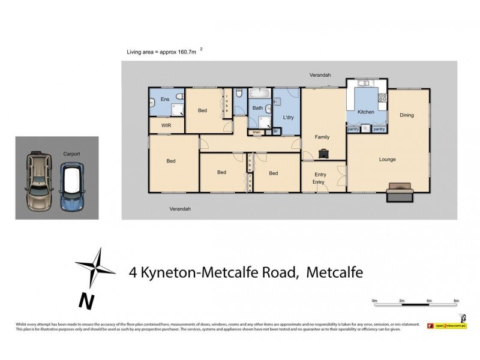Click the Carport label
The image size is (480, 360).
point(71,154)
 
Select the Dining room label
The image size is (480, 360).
point(407,115)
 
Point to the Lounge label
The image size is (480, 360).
point(387,160)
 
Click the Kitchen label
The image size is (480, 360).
point(366,112)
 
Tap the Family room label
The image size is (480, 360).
point(323,137)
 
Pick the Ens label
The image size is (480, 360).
point(164,98)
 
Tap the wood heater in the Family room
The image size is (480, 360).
point(324,153)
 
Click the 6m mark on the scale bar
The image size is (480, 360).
point(456,300)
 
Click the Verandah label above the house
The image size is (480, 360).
point(320,75)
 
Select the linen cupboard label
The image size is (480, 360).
point(256,131)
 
